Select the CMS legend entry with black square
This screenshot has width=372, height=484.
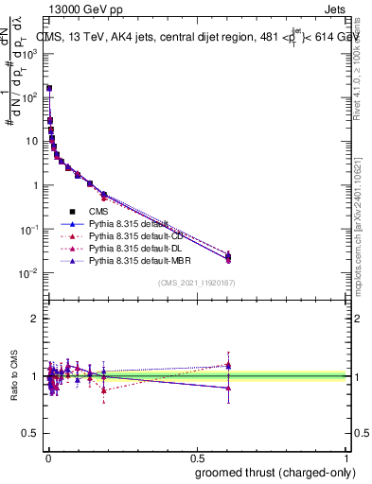(98, 213)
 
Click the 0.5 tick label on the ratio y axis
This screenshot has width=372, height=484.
(30, 434)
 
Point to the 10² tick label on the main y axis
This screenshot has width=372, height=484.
(30, 96)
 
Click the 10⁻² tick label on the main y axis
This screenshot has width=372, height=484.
(30, 273)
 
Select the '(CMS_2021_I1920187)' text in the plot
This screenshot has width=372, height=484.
(196, 283)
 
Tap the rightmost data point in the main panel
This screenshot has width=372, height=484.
(227, 256)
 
